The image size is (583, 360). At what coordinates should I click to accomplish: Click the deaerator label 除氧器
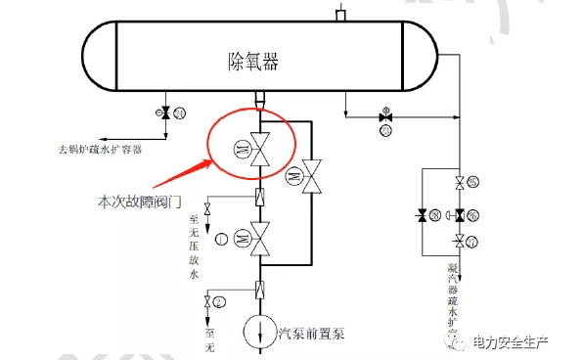click(244, 59)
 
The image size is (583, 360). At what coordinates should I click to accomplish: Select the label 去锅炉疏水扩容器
click(100, 151)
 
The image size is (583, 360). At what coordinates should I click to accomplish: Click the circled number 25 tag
click(473, 182)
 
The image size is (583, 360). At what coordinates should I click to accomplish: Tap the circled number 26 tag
click(473, 214)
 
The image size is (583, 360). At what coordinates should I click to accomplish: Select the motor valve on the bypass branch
click(313, 176)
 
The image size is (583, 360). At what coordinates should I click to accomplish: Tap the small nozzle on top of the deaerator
click(341, 14)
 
